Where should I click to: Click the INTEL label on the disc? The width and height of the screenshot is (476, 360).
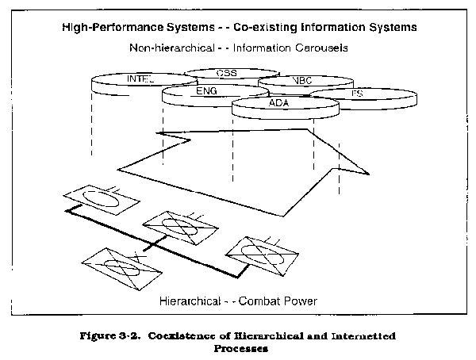click(140, 79)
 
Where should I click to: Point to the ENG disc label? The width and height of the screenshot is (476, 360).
click(205, 91)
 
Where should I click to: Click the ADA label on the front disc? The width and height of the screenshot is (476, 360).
click(278, 103)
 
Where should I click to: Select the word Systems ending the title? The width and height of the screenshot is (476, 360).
click(388, 28)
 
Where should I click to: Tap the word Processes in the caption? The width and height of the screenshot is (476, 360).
click(237, 347)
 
